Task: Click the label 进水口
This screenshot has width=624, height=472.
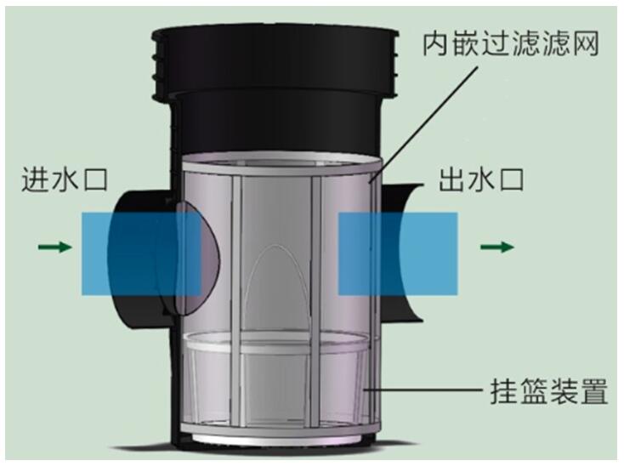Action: tap(65, 179)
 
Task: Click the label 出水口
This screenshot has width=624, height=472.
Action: tap(480, 179)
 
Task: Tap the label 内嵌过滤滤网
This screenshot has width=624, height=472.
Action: tap(511, 43)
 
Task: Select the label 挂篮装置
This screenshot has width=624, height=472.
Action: tap(549, 390)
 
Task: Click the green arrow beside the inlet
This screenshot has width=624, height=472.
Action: tap(55, 247)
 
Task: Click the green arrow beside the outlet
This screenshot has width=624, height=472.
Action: tap(497, 247)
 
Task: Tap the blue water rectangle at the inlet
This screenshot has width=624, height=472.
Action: tap(141, 254)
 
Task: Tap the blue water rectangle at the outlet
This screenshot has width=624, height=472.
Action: tap(398, 254)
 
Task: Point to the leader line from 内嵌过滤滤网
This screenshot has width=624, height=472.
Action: tap(424, 123)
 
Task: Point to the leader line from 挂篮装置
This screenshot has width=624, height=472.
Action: tap(423, 390)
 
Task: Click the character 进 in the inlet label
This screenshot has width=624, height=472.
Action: tap(35, 179)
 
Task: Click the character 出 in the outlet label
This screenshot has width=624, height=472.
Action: tap(452, 179)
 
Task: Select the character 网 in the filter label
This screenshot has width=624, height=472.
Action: tap(586, 43)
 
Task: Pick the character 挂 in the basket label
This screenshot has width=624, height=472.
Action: tap(504, 390)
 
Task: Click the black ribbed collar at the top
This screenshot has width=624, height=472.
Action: tap(275, 63)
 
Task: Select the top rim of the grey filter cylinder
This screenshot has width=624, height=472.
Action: tap(281, 163)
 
